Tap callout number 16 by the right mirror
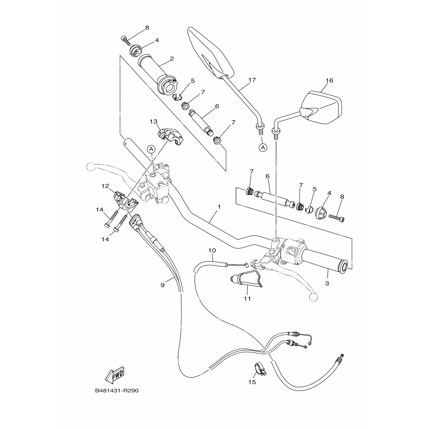(329, 80)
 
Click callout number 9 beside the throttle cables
(162, 284)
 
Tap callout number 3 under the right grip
(327, 283)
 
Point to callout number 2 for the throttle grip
(172, 59)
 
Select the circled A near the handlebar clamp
(151, 149)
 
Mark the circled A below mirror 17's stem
(263, 148)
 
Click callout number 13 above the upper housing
(153, 121)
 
